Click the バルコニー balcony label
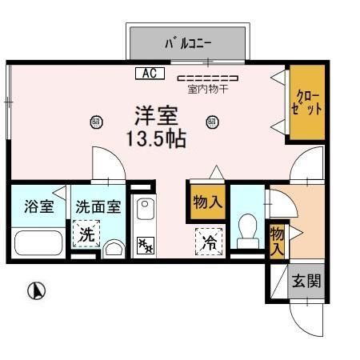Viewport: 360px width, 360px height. tap(188, 42)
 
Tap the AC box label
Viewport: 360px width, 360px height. tap(149, 74)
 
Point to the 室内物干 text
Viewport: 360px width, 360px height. tap(207, 90)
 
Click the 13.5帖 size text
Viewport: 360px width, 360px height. tap(156, 138)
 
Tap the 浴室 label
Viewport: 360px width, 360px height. tap(39, 206)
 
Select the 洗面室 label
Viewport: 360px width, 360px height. tap(98, 206)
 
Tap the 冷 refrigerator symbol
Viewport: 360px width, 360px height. tap(206, 239)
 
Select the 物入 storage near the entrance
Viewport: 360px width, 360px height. tap(277, 239)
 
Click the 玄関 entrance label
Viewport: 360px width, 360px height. tap(306, 281)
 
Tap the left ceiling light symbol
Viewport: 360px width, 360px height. tap(97, 122)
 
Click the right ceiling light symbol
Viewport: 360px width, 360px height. tap(212, 122)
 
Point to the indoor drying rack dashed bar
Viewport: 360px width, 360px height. tap(207, 78)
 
